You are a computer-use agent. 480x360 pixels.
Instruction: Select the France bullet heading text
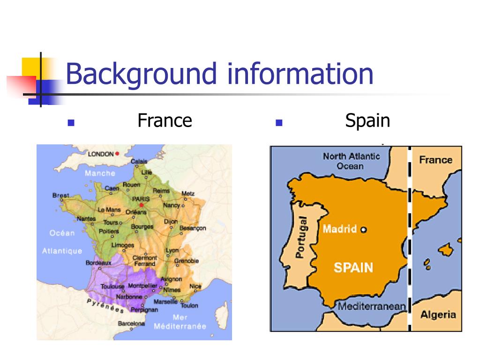point(165,121)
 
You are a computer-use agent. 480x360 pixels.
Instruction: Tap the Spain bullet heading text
point(367,121)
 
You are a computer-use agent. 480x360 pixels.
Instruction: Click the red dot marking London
point(117,153)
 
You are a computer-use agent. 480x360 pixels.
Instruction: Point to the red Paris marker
point(141,205)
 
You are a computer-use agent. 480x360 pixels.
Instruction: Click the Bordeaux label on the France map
point(98,263)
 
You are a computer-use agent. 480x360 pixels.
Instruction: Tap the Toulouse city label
point(112,286)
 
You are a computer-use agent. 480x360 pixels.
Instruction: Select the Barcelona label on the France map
point(132,323)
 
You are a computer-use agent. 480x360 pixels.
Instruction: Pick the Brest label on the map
point(60,195)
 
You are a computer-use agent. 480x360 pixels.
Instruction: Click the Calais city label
point(139,161)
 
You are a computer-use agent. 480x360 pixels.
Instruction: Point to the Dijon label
point(171,221)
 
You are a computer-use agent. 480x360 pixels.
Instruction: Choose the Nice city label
point(195,286)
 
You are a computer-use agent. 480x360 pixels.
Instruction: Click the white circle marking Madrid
point(363,230)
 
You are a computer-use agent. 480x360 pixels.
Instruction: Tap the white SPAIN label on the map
point(353,268)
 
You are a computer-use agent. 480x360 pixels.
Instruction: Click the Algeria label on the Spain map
point(438,315)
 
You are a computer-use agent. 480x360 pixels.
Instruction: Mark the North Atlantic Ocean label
point(351,161)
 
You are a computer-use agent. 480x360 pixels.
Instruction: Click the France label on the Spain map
point(435,160)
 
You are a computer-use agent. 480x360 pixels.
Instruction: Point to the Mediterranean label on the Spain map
point(372,307)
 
